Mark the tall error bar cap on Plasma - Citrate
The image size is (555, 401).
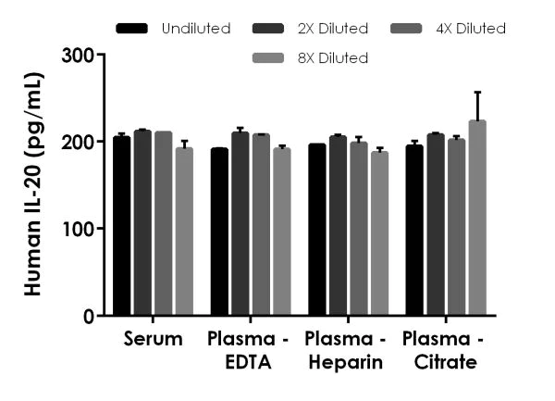[477, 93]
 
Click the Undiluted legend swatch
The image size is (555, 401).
[133, 29]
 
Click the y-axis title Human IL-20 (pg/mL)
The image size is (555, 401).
[34, 185]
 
